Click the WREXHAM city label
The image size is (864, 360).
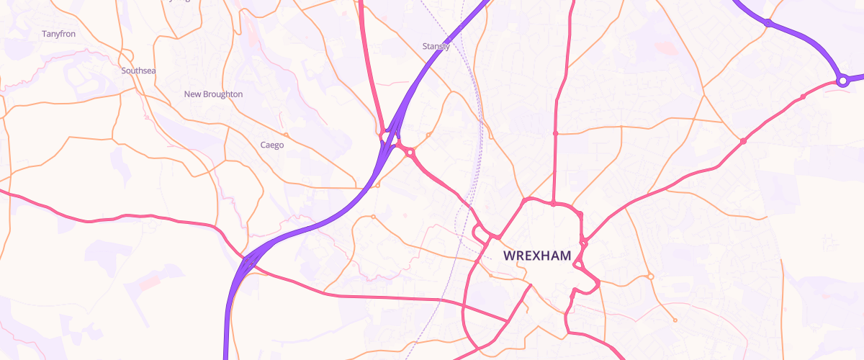tap(537, 256)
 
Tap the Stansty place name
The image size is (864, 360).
tap(436, 47)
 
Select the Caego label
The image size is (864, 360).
tap(272, 145)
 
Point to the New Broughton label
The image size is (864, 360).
tap(213, 94)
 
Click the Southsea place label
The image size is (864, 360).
tap(138, 71)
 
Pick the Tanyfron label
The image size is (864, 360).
tap(59, 34)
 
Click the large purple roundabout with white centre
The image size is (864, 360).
tap(842, 81)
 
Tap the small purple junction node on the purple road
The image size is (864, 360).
tap(768, 23)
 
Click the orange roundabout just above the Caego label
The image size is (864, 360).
tap(286, 135)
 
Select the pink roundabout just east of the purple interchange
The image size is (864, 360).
tap(410, 152)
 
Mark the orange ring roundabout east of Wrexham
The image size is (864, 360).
tap(650, 276)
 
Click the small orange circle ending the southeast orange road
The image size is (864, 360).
tap(675, 320)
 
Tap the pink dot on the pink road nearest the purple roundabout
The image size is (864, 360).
tap(803, 96)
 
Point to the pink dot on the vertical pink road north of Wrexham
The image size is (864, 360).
tap(555, 133)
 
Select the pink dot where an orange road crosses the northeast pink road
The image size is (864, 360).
tap(743, 141)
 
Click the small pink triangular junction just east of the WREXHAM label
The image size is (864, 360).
tap(583, 244)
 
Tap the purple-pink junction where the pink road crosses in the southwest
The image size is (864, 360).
tap(248, 263)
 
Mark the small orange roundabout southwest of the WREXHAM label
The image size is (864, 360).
tap(490, 275)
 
